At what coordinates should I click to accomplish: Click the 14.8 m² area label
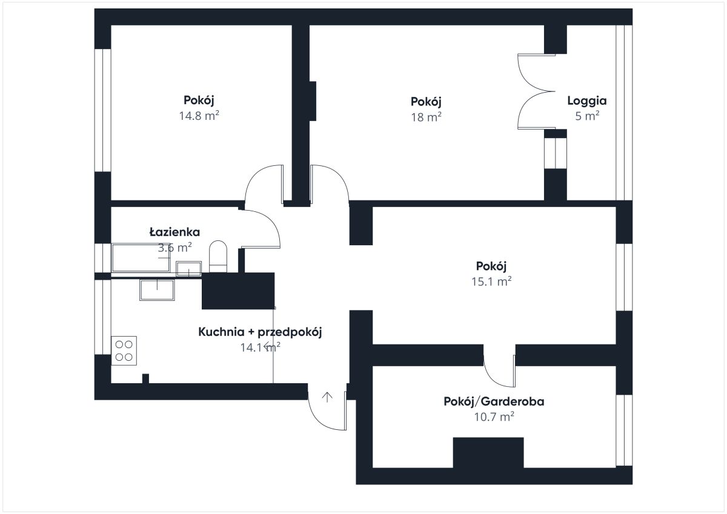point(199,116)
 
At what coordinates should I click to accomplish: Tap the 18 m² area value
point(426,117)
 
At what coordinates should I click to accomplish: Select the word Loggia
point(587,101)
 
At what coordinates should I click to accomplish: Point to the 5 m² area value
point(587,116)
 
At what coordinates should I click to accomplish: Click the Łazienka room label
point(174,232)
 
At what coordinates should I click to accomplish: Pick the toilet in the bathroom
point(218,257)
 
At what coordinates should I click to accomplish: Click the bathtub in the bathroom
point(141,258)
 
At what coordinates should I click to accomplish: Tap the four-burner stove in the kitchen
point(124,351)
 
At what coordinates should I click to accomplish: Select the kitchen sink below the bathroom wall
point(157,290)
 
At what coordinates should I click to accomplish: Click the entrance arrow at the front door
point(327,397)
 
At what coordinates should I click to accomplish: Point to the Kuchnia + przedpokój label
point(260,332)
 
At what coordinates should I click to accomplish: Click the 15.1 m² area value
point(491,281)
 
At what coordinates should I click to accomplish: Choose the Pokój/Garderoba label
point(494,401)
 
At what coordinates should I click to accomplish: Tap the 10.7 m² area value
point(494,417)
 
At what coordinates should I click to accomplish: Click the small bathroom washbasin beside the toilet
point(188,269)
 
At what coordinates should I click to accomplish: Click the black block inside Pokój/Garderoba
point(488,453)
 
